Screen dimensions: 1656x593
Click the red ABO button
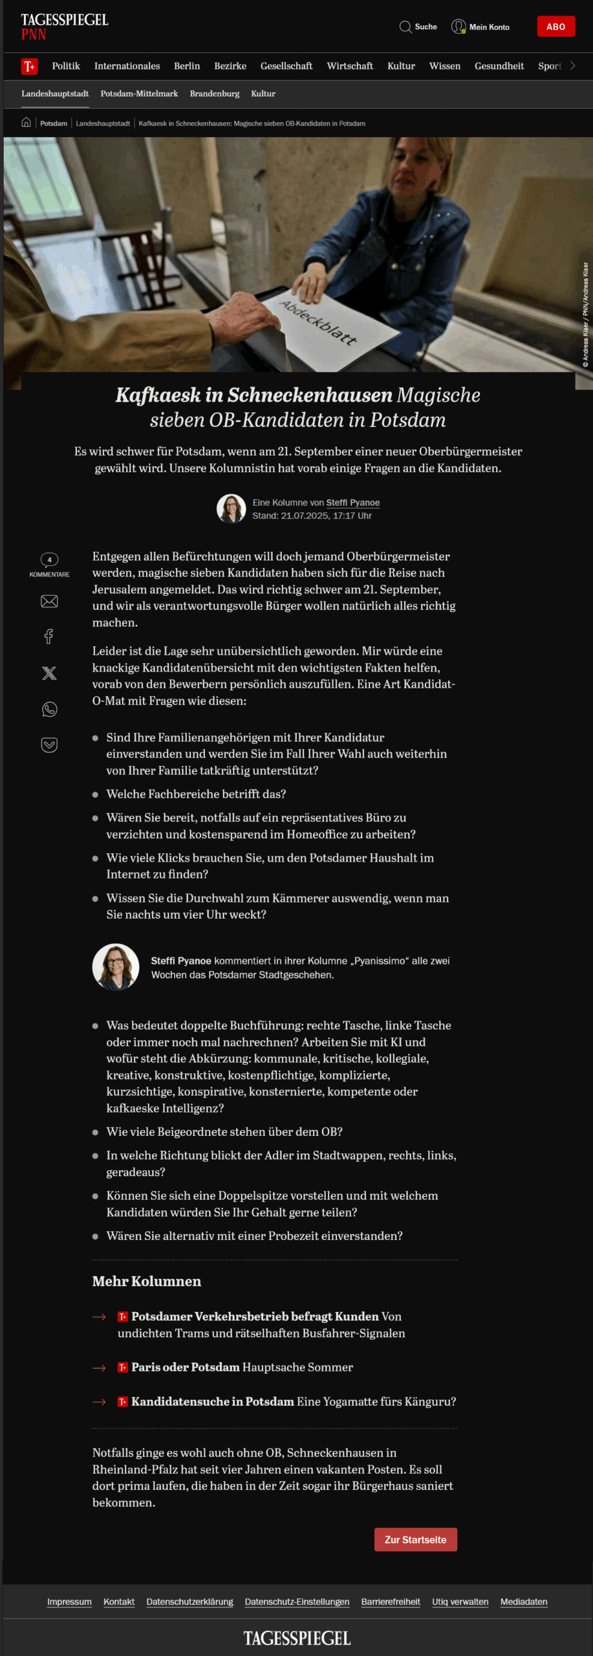click(x=555, y=27)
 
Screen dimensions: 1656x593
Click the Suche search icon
click(x=405, y=27)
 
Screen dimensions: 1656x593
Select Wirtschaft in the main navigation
click(x=350, y=66)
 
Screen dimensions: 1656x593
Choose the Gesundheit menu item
click(x=499, y=66)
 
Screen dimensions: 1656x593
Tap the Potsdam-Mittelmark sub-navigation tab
click(x=139, y=94)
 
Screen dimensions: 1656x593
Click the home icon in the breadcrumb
click(x=26, y=122)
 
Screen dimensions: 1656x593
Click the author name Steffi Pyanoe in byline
click(x=352, y=503)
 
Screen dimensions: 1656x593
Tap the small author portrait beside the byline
click(x=231, y=508)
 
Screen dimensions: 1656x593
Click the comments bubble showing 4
click(x=49, y=560)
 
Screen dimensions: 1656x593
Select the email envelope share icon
click(x=49, y=602)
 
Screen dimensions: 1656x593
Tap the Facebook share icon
click(x=49, y=637)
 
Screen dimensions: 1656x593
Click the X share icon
click(x=49, y=673)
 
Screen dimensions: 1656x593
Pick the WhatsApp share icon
click(x=49, y=710)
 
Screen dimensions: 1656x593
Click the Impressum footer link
click(x=69, y=1602)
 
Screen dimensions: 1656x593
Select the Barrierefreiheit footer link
click(x=391, y=1602)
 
